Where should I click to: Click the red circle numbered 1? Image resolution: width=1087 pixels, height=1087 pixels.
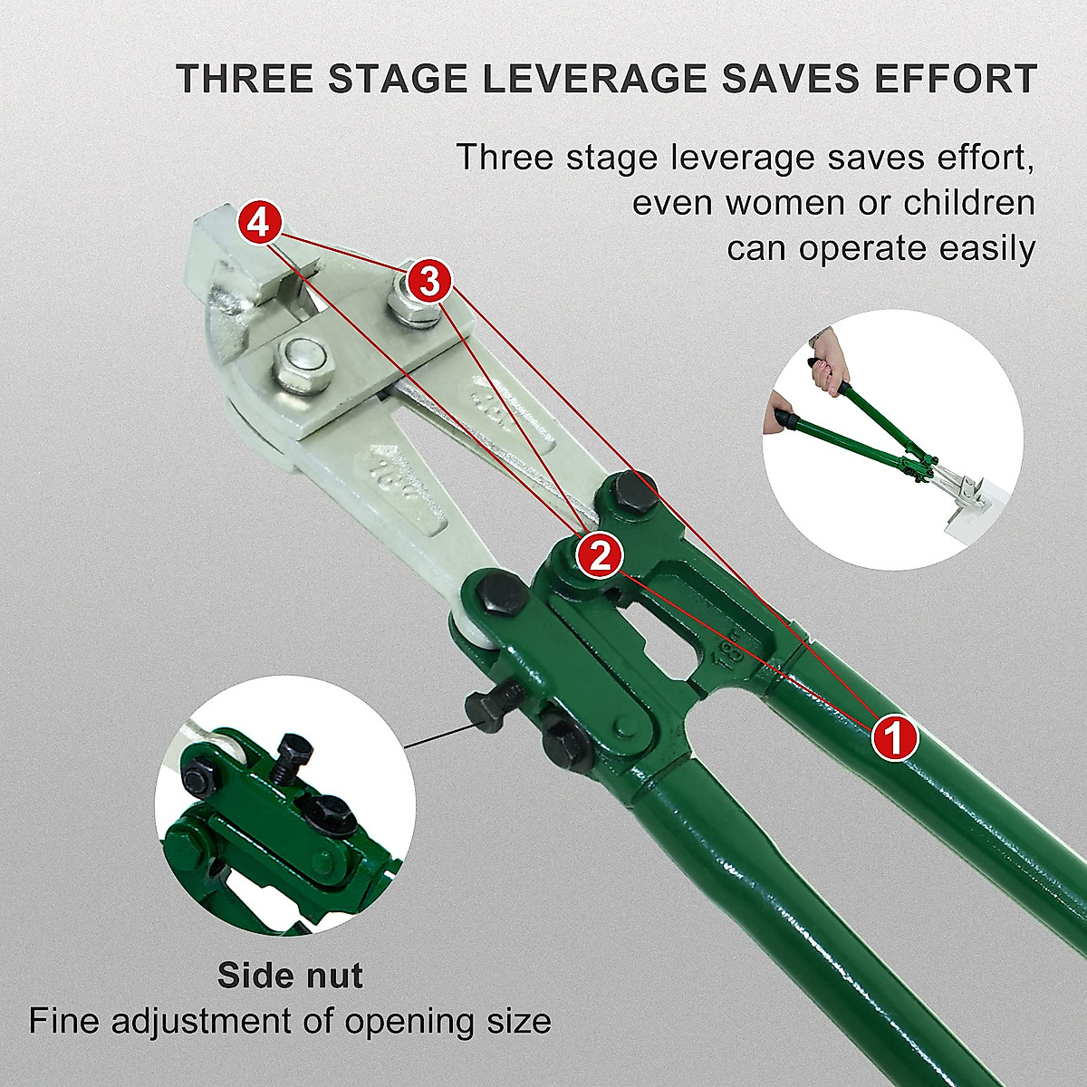click(x=895, y=738)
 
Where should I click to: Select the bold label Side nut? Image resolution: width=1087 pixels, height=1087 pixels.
click(x=290, y=976)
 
